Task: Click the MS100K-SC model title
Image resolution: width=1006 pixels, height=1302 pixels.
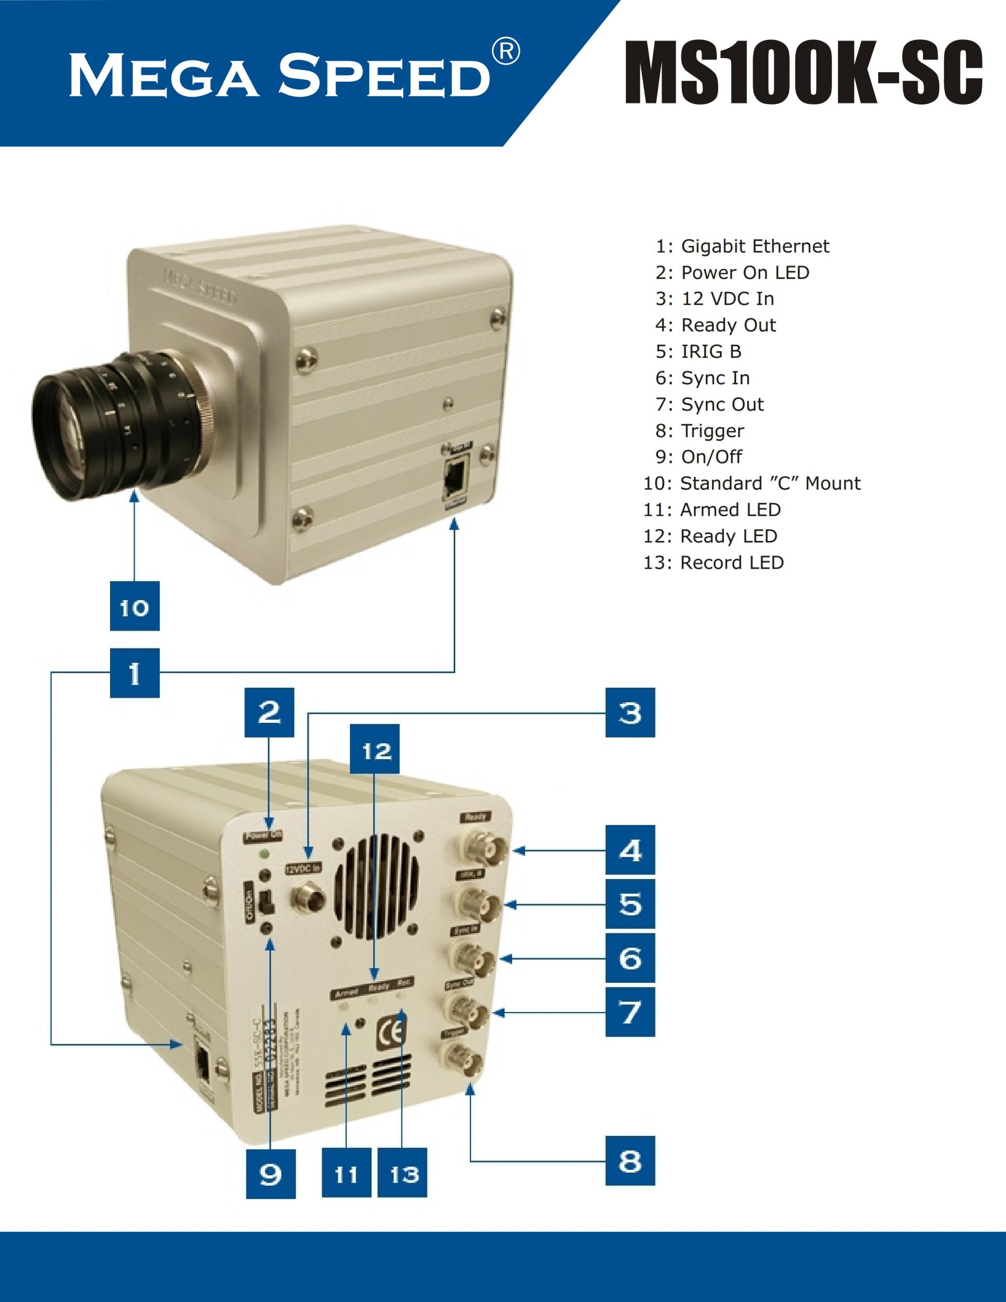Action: coord(803,73)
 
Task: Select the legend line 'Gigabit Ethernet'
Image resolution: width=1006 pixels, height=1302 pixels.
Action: coord(742,246)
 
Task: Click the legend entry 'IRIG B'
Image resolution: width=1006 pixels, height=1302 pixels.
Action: coord(698,352)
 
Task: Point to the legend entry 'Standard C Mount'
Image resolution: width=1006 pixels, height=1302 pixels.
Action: coord(751,483)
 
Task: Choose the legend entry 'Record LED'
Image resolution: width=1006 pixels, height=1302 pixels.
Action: coord(714,563)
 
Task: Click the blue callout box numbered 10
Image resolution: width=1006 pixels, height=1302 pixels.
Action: coord(135,606)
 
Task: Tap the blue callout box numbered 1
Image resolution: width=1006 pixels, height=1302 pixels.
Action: coord(135,672)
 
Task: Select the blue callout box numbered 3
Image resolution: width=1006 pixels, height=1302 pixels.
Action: coord(630,712)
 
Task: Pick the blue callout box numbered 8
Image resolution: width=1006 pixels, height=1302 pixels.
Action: coord(630,1160)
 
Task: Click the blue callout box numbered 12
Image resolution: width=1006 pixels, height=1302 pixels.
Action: coord(375,749)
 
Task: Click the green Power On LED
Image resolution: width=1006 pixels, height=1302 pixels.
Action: coord(265,855)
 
